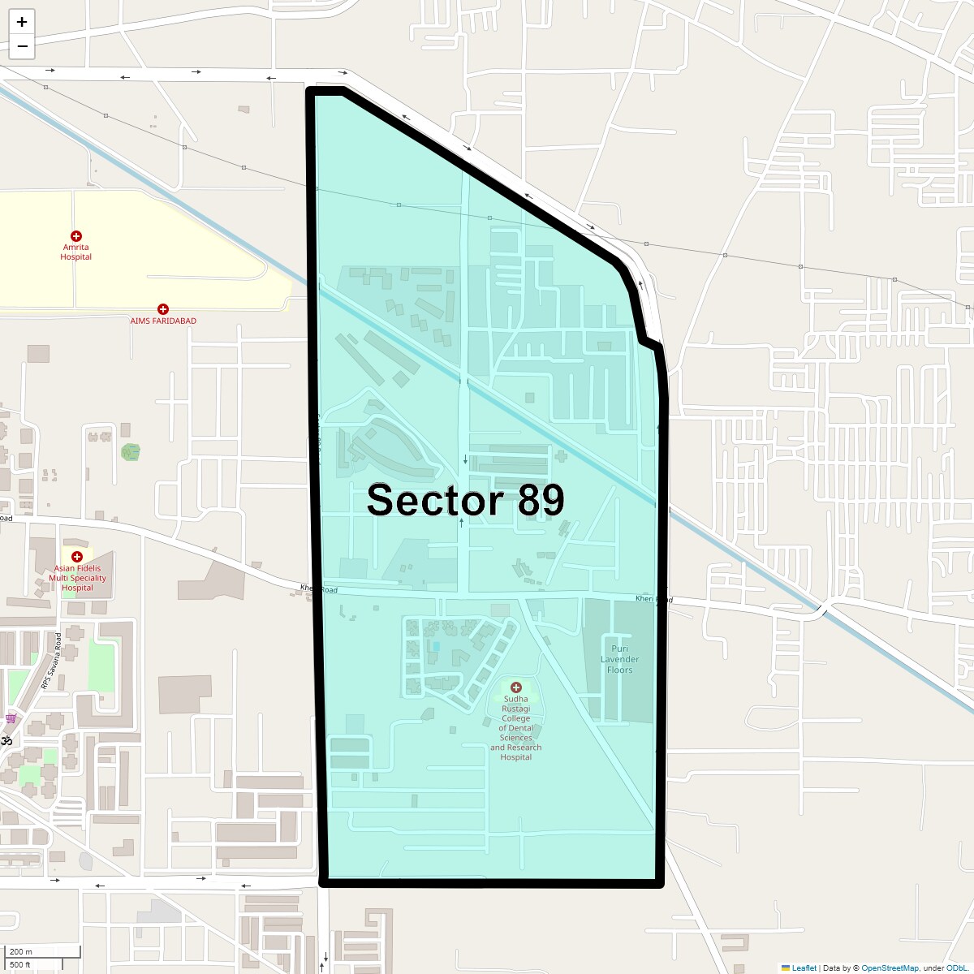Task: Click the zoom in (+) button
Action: pyautogui.click(x=22, y=22)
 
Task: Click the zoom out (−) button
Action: pyautogui.click(x=22, y=46)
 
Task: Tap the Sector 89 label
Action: pyautogui.click(x=465, y=500)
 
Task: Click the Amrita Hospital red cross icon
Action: pyautogui.click(x=76, y=236)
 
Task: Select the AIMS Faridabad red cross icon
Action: pyautogui.click(x=163, y=309)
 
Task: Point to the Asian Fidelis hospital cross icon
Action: pyautogui.click(x=77, y=557)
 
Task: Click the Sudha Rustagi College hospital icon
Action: pyautogui.click(x=515, y=687)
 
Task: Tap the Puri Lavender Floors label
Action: pyautogui.click(x=619, y=660)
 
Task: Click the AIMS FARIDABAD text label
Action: pyautogui.click(x=163, y=321)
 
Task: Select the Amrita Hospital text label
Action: pyautogui.click(x=76, y=252)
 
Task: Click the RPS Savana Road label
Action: pyautogui.click(x=50, y=662)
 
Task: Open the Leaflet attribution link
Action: pyautogui.click(x=804, y=968)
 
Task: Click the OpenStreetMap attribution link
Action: pyautogui.click(x=890, y=968)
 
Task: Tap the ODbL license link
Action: pyautogui.click(x=956, y=968)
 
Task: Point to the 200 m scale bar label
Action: pyautogui.click(x=21, y=952)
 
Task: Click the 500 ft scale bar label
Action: pyautogui.click(x=20, y=965)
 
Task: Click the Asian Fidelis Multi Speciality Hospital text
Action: pyautogui.click(x=77, y=578)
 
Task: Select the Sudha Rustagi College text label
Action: pyautogui.click(x=515, y=728)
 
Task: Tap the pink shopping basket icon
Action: pyautogui.click(x=11, y=718)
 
